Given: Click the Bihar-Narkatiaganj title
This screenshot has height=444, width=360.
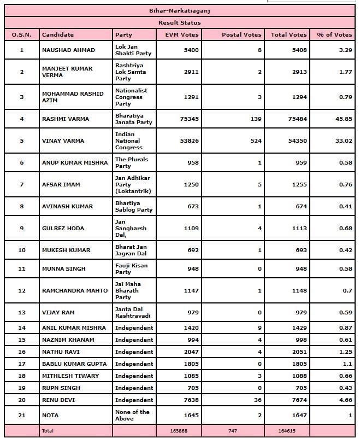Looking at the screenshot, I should click(179, 10).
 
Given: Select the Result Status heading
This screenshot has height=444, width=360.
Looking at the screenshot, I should click(179, 22).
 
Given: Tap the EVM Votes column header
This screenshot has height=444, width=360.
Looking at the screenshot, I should click(185, 34).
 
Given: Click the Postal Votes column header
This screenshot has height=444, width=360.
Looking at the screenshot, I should click(241, 34).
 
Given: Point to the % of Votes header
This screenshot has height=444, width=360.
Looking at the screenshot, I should click(334, 34).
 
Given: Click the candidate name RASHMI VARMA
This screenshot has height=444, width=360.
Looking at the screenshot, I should click(66, 119).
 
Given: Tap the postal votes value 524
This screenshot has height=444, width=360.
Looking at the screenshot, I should click(256, 141).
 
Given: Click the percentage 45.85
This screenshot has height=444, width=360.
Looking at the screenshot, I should click(344, 119).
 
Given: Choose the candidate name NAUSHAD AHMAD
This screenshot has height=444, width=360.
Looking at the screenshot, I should click(68, 50).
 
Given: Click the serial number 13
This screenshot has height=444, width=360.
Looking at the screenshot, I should click(22, 312).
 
